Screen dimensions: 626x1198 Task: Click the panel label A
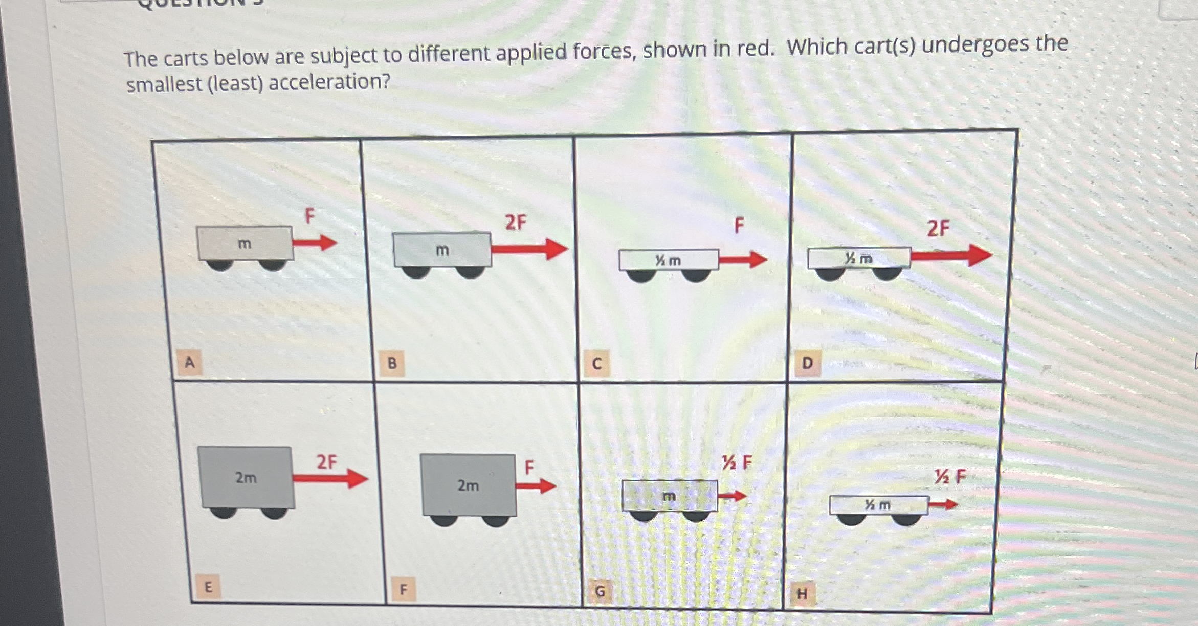click(x=189, y=362)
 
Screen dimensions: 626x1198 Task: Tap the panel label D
click(x=807, y=363)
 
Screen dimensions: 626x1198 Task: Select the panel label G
click(x=600, y=591)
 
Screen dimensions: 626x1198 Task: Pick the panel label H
click(x=802, y=594)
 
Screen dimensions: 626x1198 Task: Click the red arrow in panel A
click(x=315, y=242)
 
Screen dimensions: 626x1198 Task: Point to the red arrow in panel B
click(x=529, y=249)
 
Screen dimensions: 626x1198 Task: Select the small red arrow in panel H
click(x=943, y=504)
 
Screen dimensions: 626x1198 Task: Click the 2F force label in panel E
click(x=326, y=462)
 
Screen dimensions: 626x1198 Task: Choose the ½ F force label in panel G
click(x=737, y=462)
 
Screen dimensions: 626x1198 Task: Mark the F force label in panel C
click(x=739, y=225)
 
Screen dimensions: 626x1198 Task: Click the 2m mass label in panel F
click(x=468, y=485)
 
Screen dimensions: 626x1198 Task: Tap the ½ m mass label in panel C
click(x=668, y=261)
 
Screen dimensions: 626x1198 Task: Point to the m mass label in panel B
click(x=442, y=250)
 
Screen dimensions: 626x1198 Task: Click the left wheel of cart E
click(x=224, y=513)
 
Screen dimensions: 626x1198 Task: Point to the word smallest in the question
click(x=164, y=85)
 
